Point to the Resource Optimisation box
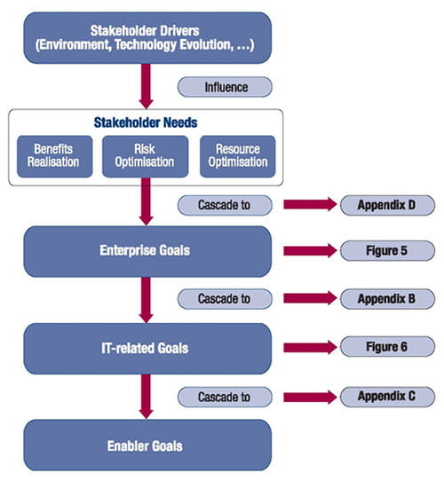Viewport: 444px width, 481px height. [x=237, y=156]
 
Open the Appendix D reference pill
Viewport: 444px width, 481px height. [x=387, y=205]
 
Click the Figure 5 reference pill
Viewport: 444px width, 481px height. [x=387, y=251]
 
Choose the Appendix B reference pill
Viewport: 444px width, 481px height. [x=387, y=299]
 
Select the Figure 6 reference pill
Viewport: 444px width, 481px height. [x=387, y=347]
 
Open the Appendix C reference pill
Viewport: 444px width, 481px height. [x=387, y=396]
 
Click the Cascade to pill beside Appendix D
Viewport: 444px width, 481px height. [x=225, y=205]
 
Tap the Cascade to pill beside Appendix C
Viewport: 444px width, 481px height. [x=225, y=396]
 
